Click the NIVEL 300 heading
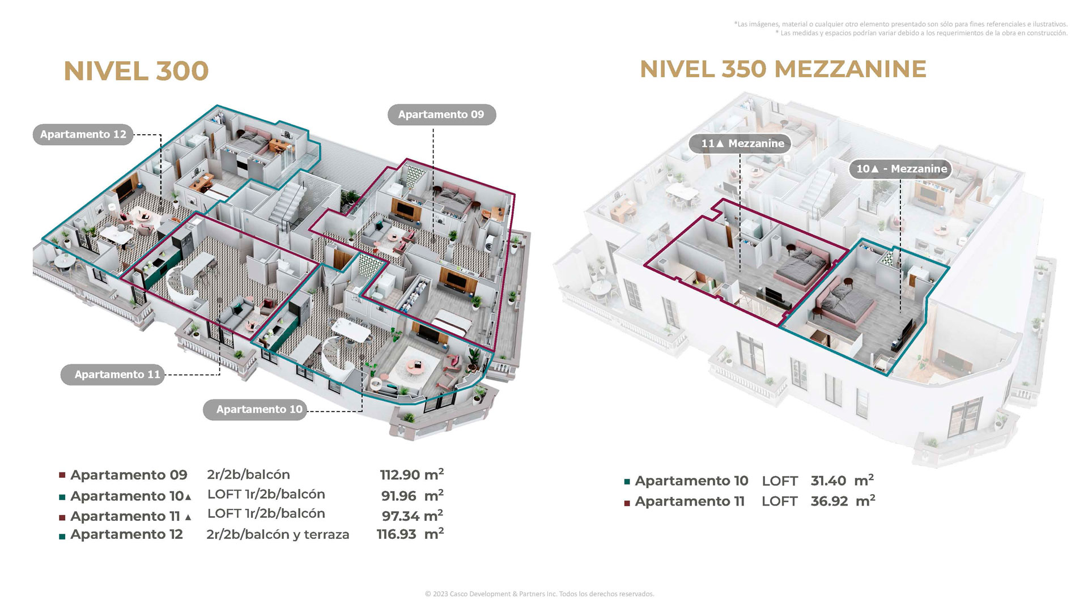(x=136, y=71)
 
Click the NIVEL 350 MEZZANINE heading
(x=783, y=69)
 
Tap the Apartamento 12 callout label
(x=83, y=134)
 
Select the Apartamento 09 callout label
(x=441, y=114)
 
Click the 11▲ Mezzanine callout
(x=740, y=143)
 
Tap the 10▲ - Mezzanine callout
(x=900, y=169)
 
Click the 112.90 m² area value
(x=411, y=474)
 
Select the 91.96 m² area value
(x=412, y=495)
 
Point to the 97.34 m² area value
(x=412, y=515)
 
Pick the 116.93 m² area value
(x=410, y=534)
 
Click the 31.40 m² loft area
(x=842, y=481)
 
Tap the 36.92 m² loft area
(x=843, y=501)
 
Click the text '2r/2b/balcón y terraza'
(x=278, y=535)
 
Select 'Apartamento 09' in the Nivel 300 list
(x=129, y=475)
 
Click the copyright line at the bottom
(x=539, y=594)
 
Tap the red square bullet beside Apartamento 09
(x=62, y=475)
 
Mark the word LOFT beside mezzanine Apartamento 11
(x=780, y=501)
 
